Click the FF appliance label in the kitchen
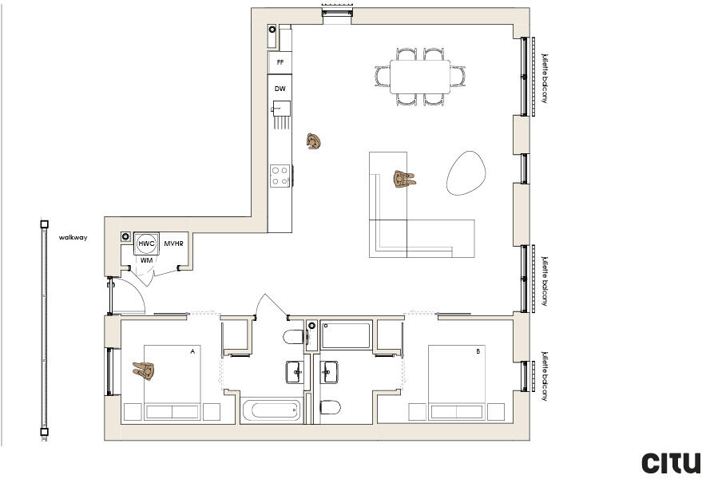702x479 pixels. (280, 61)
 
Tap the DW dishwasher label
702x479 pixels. (280, 89)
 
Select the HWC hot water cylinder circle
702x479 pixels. (146, 243)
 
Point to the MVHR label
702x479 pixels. (174, 243)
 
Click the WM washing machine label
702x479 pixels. (146, 260)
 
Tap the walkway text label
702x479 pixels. (73, 237)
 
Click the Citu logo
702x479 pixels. (671, 462)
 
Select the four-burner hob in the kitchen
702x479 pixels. (280, 175)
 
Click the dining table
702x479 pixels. (419, 77)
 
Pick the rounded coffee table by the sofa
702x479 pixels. (467, 172)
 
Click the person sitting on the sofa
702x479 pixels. (403, 179)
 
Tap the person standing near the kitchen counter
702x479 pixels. (314, 142)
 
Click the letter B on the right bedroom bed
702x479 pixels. (478, 351)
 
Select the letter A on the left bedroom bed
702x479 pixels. (192, 351)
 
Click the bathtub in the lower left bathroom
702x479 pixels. (272, 411)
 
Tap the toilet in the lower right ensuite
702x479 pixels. (330, 408)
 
